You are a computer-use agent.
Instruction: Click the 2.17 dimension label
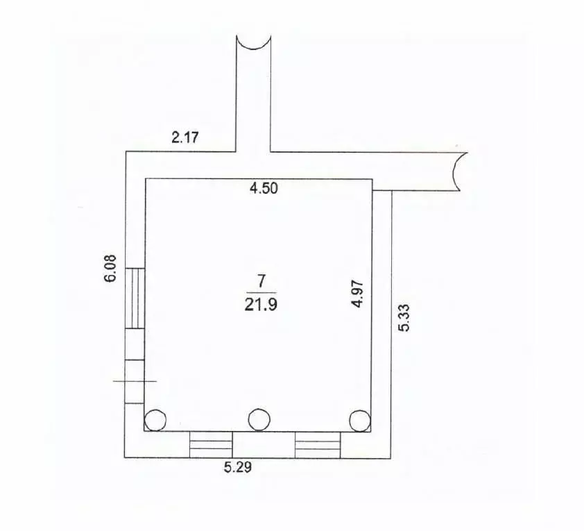tap(185, 137)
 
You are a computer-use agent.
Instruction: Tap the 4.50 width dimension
tap(264, 188)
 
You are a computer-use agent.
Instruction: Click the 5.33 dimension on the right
tap(404, 318)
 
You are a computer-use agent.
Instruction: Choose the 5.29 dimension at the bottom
tap(238, 467)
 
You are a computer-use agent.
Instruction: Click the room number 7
tap(261, 281)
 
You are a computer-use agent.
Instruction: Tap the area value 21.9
tap(261, 305)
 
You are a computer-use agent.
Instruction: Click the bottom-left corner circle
tap(155, 420)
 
